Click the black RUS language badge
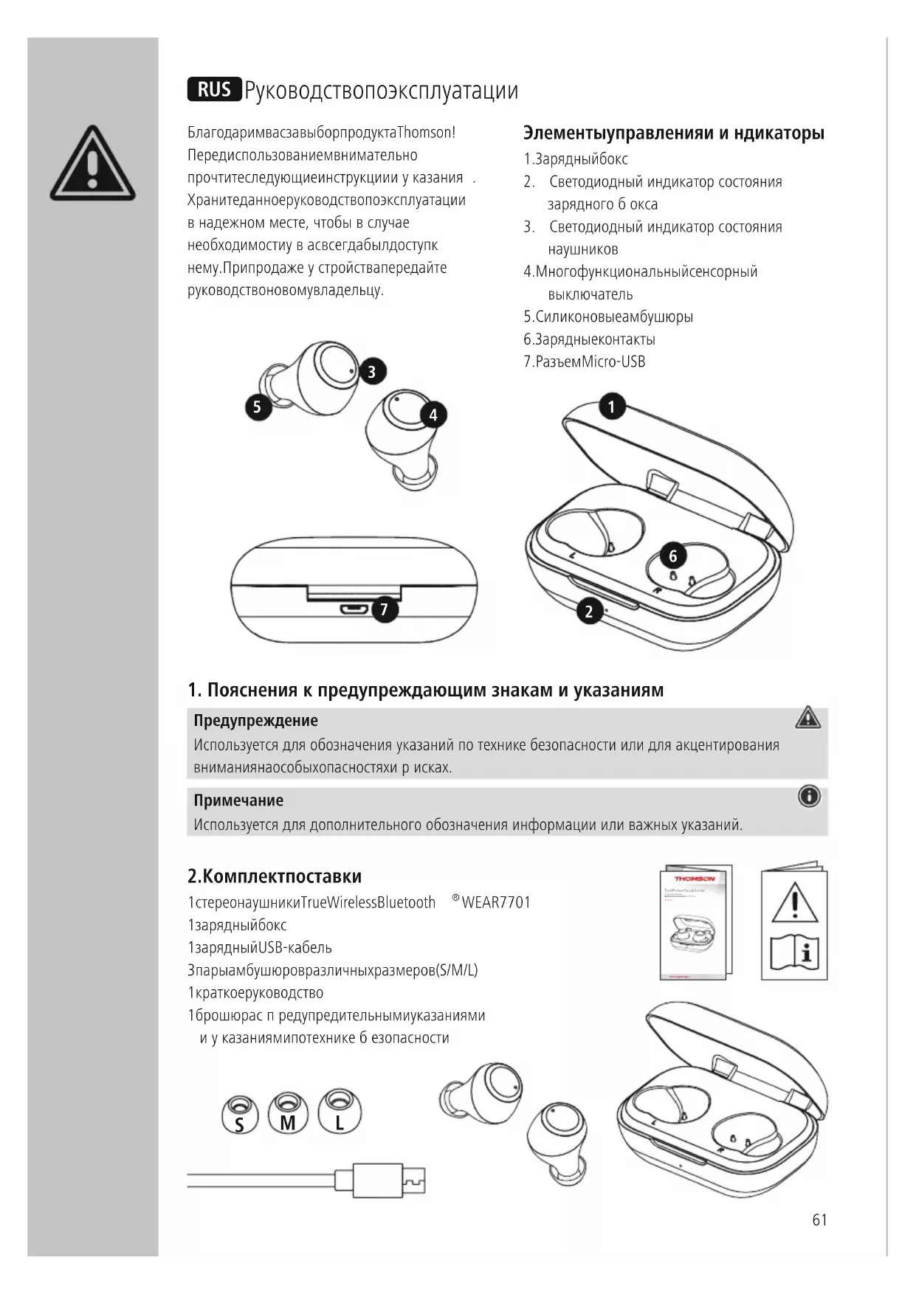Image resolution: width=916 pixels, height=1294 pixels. pyautogui.click(x=214, y=89)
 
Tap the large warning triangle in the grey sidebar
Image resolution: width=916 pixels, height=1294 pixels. pyautogui.click(x=92, y=165)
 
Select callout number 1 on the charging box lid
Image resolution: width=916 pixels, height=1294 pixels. pyautogui.click(x=611, y=406)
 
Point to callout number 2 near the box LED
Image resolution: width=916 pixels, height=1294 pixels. pyautogui.click(x=589, y=612)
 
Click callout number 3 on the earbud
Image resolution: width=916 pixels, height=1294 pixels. pyautogui.click(x=372, y=372)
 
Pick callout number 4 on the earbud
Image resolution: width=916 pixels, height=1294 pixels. pyautogui.click(x=433, y=415)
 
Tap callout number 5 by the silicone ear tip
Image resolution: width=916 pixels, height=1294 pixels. pyautogui.click(x=258, y=406)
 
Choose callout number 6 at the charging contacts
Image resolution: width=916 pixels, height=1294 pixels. pyautogui.click(x=672, y=556)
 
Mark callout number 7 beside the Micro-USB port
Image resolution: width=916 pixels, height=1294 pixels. pyautogui.click(x=384, y=609)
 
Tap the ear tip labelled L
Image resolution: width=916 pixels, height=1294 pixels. pyautogui.click(x=340, y=1111)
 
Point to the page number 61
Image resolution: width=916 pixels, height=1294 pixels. pyautogui.click(x=819, y=1220)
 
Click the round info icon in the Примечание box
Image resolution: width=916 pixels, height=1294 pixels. pyautogui.click(x=809, y=797)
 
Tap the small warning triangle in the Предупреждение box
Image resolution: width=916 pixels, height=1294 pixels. pyautogui.click(x=808, y=717)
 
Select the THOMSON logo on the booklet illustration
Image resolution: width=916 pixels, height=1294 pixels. pyautogui.click(x=694, y=879)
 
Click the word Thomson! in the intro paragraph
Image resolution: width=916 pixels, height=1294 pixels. pyautogui.click(x=426, y=133)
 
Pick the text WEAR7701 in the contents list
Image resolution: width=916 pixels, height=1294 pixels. pyautogui.click(x=496, y=902)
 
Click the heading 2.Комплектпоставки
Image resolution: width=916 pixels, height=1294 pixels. pyautogui.click(x=275, y=876)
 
